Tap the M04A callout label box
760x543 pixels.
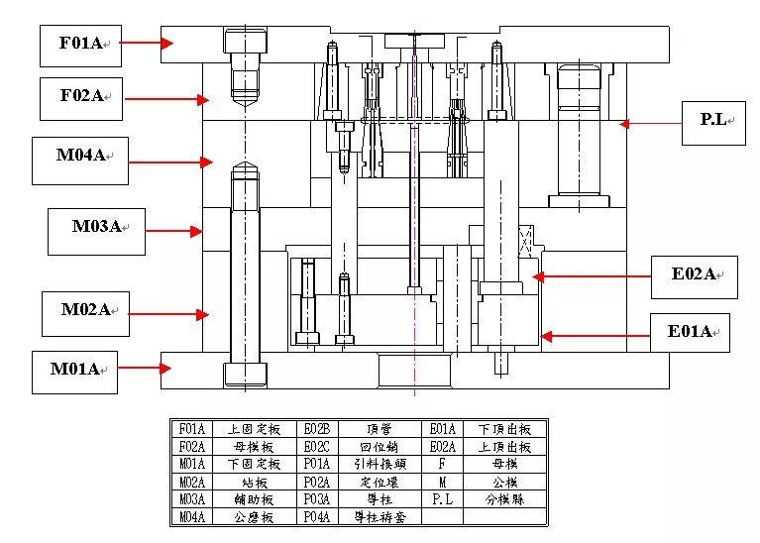click(80, 159)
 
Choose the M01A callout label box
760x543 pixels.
click(75, 371)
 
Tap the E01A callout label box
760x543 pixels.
click(691, 333)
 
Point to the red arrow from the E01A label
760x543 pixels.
click(593, 336)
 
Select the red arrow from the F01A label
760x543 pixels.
click(153, 43)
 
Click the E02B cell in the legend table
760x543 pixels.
click(316, 429)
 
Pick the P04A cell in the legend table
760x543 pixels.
click(316, 516)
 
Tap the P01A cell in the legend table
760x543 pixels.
click(316, 464)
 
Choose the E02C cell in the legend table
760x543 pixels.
click(316, 446)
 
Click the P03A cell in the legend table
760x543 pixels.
click(316, 499)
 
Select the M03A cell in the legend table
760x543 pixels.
click(191, 499)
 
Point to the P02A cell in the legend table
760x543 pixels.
click(316, 482)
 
